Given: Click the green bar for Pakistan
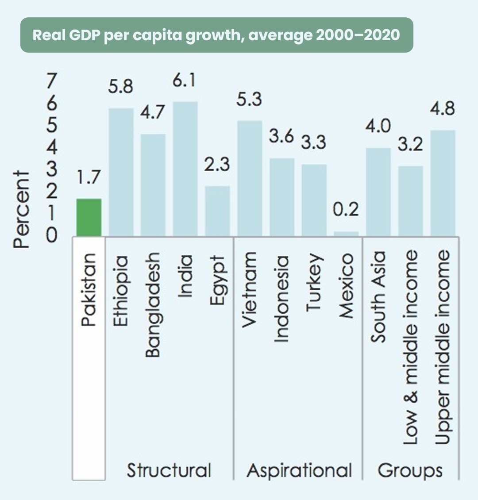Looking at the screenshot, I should point(89,217).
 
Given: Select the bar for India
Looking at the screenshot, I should point(185,169).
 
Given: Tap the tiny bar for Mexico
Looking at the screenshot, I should point(346,234).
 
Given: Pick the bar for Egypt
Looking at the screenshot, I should point(217,211).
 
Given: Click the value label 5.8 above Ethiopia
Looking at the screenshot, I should point(120,86).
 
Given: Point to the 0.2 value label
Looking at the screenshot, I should point(346,210).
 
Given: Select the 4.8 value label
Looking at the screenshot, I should point(442,109).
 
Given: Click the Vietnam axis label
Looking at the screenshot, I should point(249,289).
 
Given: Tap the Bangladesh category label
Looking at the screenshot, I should point(153,305).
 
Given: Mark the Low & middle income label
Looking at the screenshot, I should point(411,347).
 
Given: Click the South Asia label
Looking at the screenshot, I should point(378,297).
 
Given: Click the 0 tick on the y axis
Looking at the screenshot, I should point(52,235).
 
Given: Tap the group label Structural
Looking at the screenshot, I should point(169,470).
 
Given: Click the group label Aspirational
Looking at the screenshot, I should point(299,470).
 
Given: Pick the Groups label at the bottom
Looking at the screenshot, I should point(410,470).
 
